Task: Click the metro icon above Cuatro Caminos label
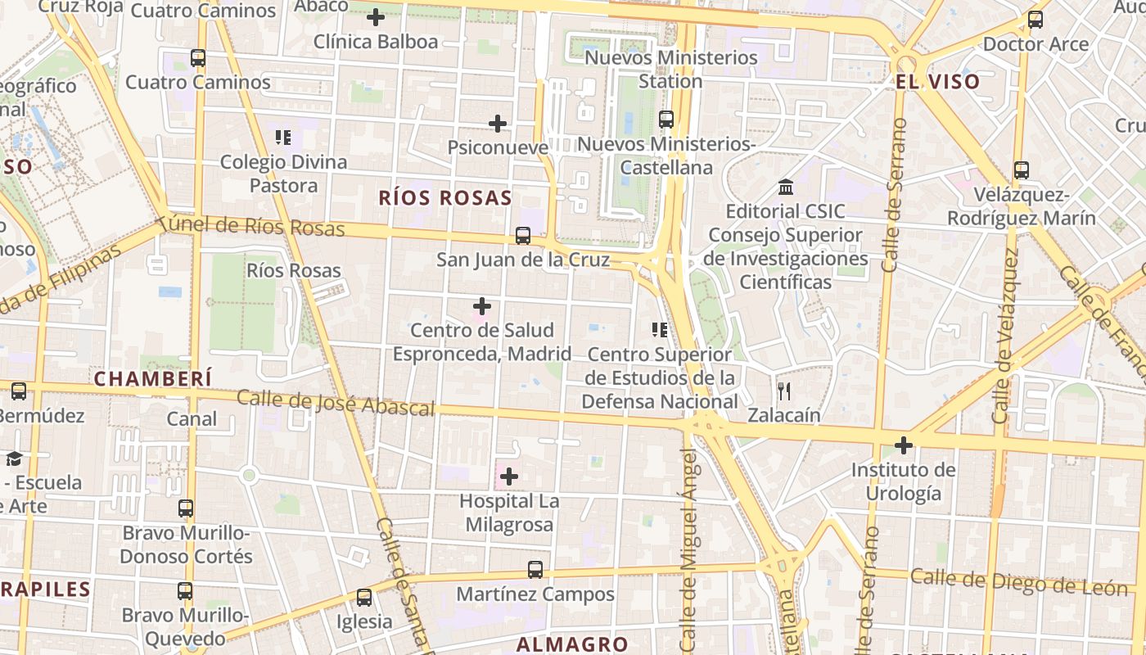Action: pyautogui.click(x=198, y=58)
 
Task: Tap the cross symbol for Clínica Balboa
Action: pyautogui.click(x=376, y=16)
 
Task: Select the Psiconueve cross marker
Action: pyautogui.click(x=498, y=124)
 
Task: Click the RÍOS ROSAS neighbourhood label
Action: pyautogui.click(x=446, y=197)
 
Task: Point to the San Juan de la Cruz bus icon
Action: pyautogui.click(x=523, y=236)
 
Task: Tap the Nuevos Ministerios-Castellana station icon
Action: pyautogui.click(x=666, y=120)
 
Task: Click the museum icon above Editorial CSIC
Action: pyautogui.click(x=786, y=187)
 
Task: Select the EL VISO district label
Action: pyautogui.click(x=937, y=81)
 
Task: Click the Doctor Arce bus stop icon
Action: pyautogui.click(x=1035, y=20)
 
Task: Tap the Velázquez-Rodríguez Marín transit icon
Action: pyautogui.click(x=1022, y=170)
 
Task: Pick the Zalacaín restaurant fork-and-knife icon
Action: pyautogui.click(x=784, y=391)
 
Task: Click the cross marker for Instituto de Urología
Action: pyautogui.click(x=904, y=445)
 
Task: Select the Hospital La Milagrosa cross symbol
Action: pyautogui.click(x=509, y=476)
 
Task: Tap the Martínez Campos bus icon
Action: pyautogui.click(x=535, y=570)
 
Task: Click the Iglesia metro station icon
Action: pyautogui.click(x=364, y=598)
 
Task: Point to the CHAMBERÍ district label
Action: pyautogui.click(x=152, y=378)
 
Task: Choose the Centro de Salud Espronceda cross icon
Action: pyautogui.click(x=482, y=306)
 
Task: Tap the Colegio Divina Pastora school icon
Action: pyautogui.click(x=283, y=137)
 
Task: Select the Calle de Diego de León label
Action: pyautogui.click(x=1018, y=582)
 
